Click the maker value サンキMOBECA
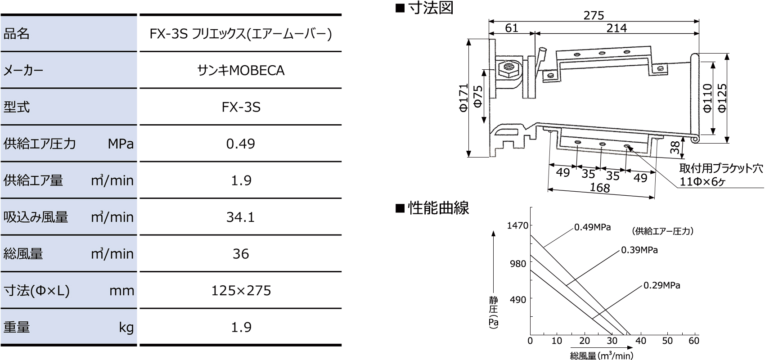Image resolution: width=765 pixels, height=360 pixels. click(x=241, y=71)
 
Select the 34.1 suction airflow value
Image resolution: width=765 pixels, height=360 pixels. click(x=241, y=217)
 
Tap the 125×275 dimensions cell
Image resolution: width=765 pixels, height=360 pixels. click(x=241, y=291)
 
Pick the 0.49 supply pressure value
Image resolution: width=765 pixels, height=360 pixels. click(x=241, y=144)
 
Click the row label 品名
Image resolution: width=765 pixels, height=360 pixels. click(x=17, y=34)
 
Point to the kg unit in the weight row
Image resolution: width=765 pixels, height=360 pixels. click(x=126, y=328)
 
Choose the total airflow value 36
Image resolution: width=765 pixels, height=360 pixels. click(x=241, y=254)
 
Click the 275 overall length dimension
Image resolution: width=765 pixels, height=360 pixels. click(x=594, y=15)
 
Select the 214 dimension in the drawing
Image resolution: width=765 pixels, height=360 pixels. click(x=616, y=28)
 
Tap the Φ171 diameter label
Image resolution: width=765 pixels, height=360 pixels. click(x=463, y=98)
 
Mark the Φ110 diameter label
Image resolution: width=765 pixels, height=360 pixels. click(x=707, y=98)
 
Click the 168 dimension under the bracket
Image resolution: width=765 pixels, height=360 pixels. click(x=600, y=187)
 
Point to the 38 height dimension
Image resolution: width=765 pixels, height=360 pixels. click(x=675, y=148)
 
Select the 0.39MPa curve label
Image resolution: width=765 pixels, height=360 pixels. click(x=639, y=250)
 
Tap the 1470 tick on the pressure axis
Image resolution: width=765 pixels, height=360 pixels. click(x=517, y=225)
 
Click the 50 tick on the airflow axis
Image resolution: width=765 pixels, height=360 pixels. click(x=667, y=341)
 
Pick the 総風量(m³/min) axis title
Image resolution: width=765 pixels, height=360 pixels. click(x=601, y=356)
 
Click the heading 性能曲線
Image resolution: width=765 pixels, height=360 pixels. click(x=438, y=208)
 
